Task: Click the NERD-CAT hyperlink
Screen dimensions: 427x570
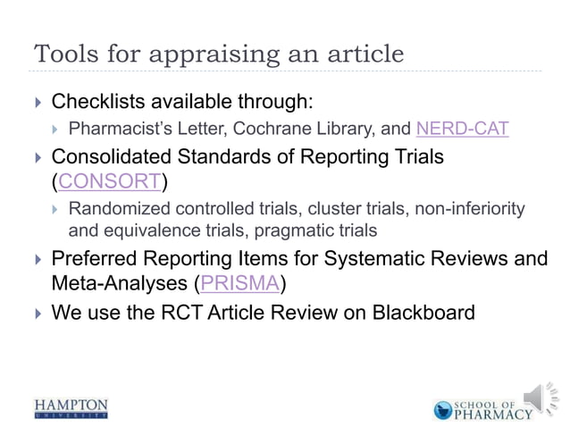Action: (463, 129)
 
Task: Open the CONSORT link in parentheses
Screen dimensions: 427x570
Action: (110, 183)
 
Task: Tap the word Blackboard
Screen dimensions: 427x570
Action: (423, 314)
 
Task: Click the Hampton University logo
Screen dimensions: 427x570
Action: (71, 408)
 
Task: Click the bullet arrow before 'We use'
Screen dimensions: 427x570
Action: (36, 314)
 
